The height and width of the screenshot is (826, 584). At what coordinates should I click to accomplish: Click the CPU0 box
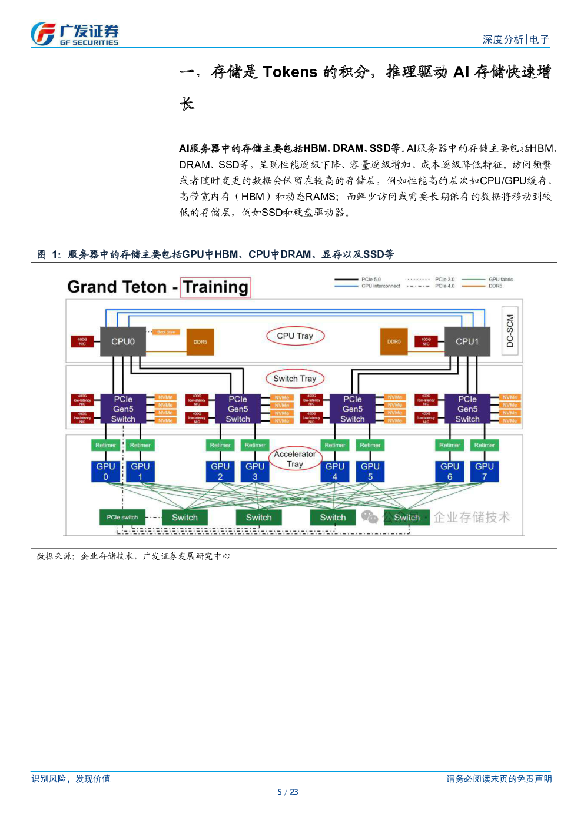123,341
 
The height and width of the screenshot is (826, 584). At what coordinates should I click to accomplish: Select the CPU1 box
467,341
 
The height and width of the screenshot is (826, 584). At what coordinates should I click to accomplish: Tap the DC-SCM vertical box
510,330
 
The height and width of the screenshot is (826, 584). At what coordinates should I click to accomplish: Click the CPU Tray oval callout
295,336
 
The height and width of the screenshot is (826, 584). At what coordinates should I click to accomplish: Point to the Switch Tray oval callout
294,379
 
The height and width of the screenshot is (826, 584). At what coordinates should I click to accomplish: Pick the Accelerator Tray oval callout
294,459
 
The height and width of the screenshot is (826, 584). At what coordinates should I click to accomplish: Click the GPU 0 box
106,471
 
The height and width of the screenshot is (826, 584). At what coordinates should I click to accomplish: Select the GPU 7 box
485,471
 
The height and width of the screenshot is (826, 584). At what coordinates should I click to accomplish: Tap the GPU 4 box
335,471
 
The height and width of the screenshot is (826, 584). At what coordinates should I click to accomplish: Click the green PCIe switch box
122,518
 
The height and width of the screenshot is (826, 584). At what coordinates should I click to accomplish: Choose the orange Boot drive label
166,332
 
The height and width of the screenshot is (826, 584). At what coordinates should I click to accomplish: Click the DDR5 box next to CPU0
200,342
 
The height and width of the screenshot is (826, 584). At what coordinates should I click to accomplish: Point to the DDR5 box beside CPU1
394,341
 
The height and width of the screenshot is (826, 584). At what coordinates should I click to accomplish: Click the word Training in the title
215,287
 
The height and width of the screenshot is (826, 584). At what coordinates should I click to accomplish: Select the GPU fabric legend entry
500,280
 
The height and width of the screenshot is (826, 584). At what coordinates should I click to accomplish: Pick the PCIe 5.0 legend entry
371,280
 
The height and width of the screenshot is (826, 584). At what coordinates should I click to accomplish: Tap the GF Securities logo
75,34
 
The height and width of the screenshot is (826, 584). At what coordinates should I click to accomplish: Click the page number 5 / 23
288,792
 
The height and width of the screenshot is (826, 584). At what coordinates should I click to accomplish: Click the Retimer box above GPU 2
220,445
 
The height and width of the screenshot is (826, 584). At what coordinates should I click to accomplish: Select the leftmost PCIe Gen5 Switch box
123,409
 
